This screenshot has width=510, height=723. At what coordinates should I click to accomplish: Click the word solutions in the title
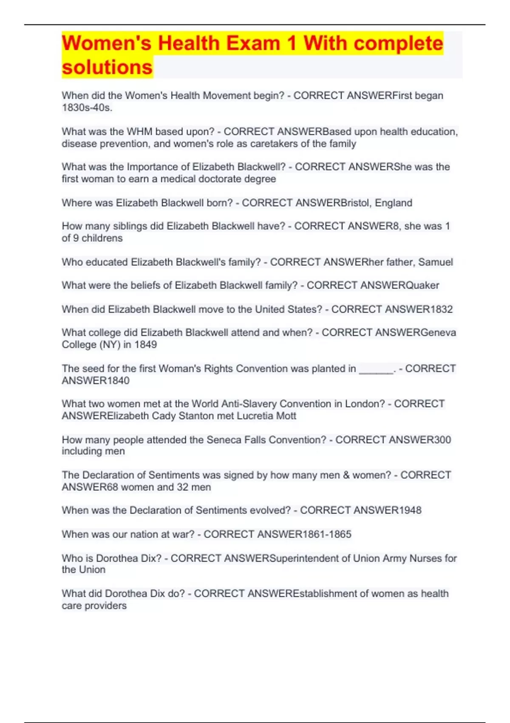(x=107, y=67)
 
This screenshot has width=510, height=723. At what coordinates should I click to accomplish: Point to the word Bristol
(x=354, y=203)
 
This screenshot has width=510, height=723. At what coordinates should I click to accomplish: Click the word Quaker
(x=422, y=285)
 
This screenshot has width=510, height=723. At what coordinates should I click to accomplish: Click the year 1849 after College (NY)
(x=146, y=344)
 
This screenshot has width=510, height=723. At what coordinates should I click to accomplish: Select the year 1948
(x=410, y=510)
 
